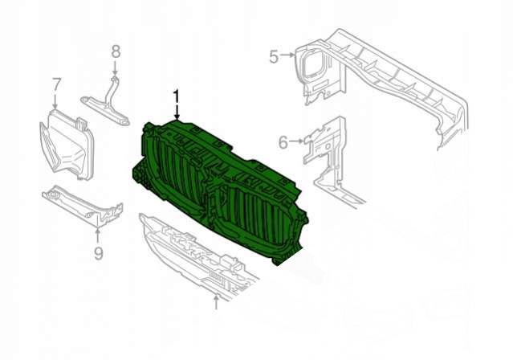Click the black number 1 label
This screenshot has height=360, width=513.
click(x=177, y=97)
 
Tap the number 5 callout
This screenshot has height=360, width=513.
click(x=275, y=56)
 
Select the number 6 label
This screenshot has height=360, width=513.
click(x=283, y=142)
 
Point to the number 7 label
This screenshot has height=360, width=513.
click(x=57, y=84)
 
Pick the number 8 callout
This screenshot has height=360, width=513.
click(x=116, y=51)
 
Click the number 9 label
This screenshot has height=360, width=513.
click(x=98, y=252)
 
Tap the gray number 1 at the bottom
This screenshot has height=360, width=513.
click(x=216, y=303)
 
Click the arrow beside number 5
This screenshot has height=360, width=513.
click(x=288, y=55)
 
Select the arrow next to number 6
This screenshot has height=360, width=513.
click(x=296, y=141)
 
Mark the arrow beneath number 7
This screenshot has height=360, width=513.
click(x=55, y=101)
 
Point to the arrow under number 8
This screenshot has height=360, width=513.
click(x=115, y=68)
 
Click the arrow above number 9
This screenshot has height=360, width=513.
click(x=97, y=236)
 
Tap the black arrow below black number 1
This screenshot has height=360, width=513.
click(x=177, y=112)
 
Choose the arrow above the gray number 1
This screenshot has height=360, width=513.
click(x=216, y=291)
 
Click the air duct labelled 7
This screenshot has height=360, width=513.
click(x=67, y=145)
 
